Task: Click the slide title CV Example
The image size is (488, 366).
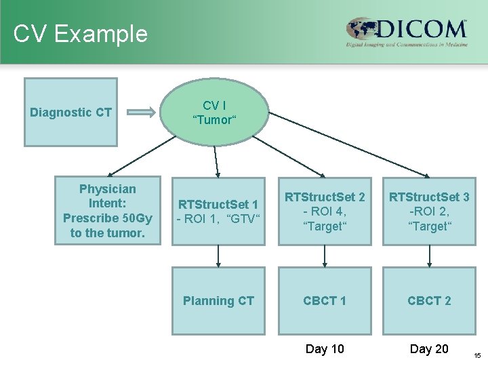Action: (x=80, y=33)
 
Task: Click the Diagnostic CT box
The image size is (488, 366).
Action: (x=70, y=113)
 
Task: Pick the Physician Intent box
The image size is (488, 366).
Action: (x=108, y=211)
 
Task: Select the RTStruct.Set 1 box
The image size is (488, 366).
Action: (x=218, y=211)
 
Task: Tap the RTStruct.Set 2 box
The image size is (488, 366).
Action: (x=325, y=211)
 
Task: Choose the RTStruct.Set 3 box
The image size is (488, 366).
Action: (x=429, y=211)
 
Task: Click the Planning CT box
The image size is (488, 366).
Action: (x=218, y=301)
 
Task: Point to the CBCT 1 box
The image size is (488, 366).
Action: (x=325, y=301)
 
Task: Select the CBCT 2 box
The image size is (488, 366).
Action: (x=429, y=301)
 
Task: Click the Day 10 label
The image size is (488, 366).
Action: (x=325, y=349)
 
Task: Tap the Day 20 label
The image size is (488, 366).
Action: (x=429, y=349)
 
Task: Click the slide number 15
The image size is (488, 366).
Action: (x=477, y=355)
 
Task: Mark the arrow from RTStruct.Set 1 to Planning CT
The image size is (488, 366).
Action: (x=218, y=256)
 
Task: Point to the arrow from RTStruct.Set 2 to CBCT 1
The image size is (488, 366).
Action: (x=325, y=256)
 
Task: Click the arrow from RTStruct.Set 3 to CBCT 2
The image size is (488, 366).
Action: (x=429, y=256)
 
